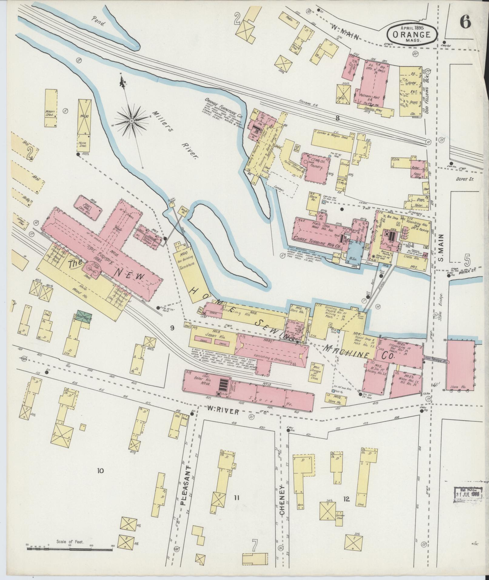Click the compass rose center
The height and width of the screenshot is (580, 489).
pyautogui.click(x=132, y=121)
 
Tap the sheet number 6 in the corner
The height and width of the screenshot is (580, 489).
pyautogui.click(x=464, y=22)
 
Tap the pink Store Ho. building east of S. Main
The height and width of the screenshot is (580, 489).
pyautogui.click(x=460, y=364)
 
